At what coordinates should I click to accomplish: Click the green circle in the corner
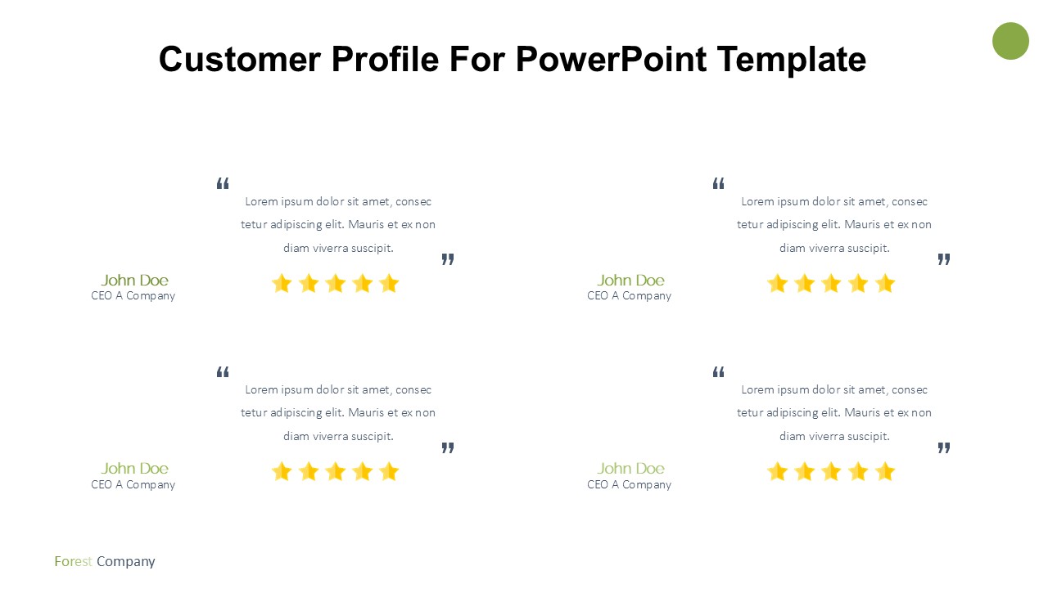pyautogui.click(x=1010, y=41)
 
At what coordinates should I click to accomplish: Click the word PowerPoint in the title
pyautogui.click(x=611, y=60)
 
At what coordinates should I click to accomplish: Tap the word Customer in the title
pyautogui.click(x=240, y=60)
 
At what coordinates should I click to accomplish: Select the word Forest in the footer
pyautogui.click(x=73, y=561)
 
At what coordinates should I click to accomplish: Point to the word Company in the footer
pyautogui.click(x=126, y=562)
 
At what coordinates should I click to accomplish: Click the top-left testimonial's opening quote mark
pyautogui.click(x=223, y=183)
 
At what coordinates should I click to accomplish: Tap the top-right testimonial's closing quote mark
pyautogui.click(x=944, y=259)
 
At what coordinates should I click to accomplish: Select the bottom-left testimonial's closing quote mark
pyautogui.click(x=448, y=447)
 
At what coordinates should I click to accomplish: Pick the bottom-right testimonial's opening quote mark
pyautogui.click(x=719, y=372)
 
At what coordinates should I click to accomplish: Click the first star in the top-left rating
pyautogui.click(x=282, y=283)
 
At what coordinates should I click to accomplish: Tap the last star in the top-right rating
pyautogui.click(x=885, y=283)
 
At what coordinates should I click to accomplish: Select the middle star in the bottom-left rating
pyautogui.click(x=336, y=472)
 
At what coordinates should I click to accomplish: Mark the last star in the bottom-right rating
pyautogui.click(x=885, y=472)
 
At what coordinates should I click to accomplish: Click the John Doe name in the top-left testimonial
pyautogui.click(x=135, y=280)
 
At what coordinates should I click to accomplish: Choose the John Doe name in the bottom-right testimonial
pyautogui.click(x=630, y=469)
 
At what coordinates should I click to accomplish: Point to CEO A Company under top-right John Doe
pyautogui.click(x=630, y=296)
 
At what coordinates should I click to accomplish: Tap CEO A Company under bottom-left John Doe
pyautogui.click(x=133, y=485)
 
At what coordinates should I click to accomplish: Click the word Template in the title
pyautogui.click(x=792, y=60)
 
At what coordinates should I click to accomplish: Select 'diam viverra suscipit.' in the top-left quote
pyautogui.click(x=338, y=248)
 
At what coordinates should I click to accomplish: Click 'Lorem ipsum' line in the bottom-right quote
pyautogui.click(x=834, y=390)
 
